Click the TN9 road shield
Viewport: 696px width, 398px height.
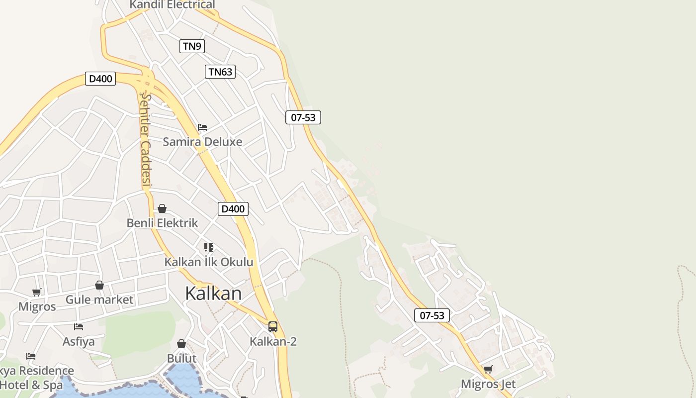click(192, 46)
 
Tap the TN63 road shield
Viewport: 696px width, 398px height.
click(220, 72)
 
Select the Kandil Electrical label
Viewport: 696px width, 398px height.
click(172, 5)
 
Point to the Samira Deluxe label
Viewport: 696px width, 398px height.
click(202, 142)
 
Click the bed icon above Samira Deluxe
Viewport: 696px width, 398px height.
click(202, 127)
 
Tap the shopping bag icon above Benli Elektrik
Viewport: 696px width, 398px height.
click(162, 208)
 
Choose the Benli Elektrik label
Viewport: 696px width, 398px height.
click(162, 223)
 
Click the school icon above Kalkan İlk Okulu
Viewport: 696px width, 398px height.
click(209, 247)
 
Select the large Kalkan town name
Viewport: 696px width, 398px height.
click(213, 294)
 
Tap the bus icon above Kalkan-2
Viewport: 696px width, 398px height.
click(273, 327)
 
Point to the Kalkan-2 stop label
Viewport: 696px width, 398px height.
click(273, 341)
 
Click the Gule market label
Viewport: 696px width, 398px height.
click(99, 299)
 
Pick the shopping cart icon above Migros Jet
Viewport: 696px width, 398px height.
click(488, 370)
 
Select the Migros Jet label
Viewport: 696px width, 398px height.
click(488, 384)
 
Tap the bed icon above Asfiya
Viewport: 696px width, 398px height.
click(79, 327)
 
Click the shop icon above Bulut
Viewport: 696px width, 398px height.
click(181, 344)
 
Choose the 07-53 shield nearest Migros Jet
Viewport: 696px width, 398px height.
click(432, 315)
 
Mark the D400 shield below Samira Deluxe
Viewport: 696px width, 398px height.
click(233, 209)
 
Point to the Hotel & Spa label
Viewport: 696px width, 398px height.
click(31, 385)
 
